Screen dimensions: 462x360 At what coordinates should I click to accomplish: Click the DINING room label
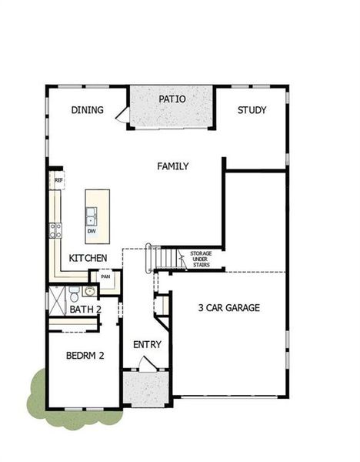[87, 110]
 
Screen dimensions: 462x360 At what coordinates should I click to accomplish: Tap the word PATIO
[172, 99]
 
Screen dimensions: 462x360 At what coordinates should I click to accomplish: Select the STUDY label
[251, 110]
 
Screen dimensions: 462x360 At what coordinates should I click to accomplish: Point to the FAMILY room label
[173, 166]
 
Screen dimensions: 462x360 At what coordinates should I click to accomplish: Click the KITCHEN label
[88, 257]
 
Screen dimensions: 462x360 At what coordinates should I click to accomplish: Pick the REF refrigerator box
[58, 180]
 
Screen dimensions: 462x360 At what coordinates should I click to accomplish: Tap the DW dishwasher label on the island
[92, 230]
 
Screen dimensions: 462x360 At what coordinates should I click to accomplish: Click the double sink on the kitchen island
[92, 214]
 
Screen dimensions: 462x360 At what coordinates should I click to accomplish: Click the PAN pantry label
[105, 276]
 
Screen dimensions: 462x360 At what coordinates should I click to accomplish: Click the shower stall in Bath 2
[56, 297]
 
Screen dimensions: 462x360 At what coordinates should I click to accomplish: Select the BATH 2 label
[85, 310]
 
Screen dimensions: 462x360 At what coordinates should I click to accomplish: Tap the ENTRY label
[146, 343]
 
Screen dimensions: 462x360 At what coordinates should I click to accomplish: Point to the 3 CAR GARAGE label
[228, 308]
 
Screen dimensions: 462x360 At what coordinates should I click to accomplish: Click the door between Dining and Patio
[122, 115]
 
